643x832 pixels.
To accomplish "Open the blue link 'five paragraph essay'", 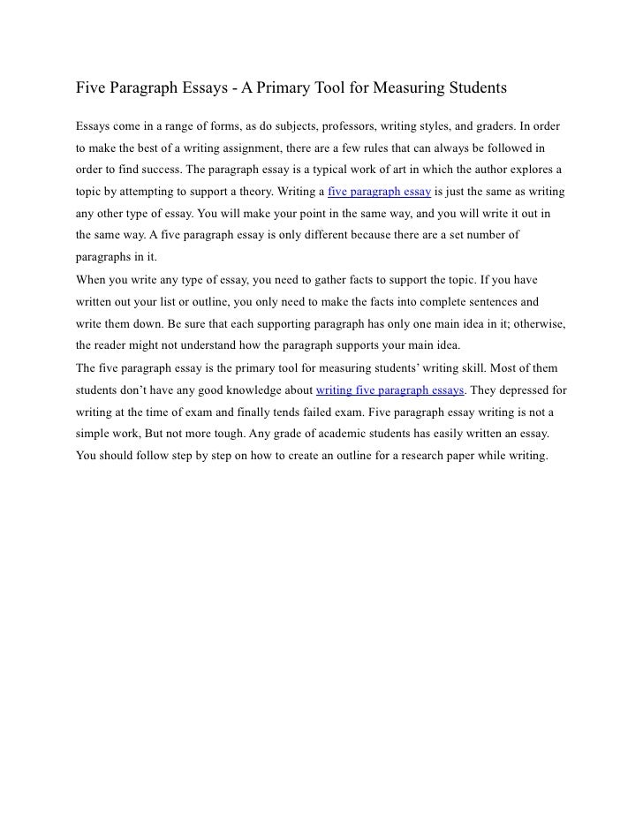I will point(379,191).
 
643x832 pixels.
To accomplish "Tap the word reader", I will point(114,345).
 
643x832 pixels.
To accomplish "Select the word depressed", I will point(518,390).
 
